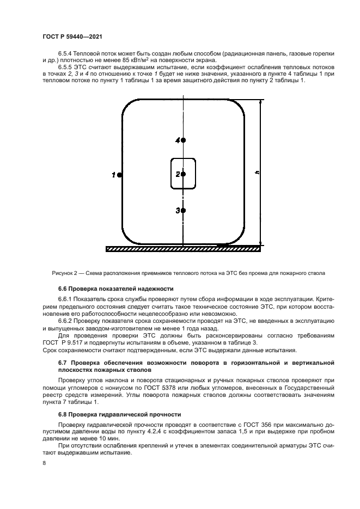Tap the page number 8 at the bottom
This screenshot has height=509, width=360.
(44, 463)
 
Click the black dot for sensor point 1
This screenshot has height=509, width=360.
(119, 175)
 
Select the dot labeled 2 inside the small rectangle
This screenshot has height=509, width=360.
(184, 174)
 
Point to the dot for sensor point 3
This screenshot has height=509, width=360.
(184, 210)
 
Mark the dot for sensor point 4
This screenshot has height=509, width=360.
(184, 140)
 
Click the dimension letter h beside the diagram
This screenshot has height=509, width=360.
(257, 173)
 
